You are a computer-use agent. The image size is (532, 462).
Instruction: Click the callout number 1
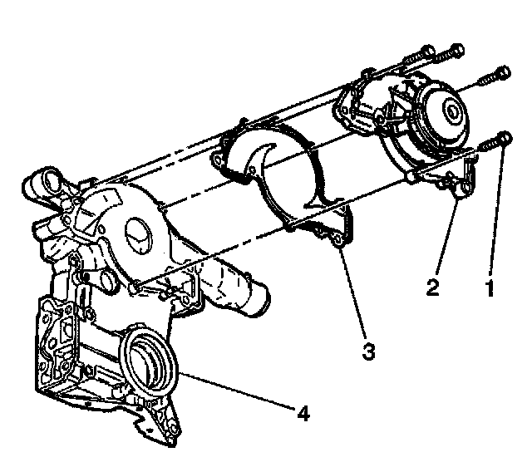[x=490, y=288]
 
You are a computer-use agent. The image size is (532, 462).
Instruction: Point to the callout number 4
[x=304, y=413]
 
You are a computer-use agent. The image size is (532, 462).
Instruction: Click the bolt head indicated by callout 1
[x=503, y=139]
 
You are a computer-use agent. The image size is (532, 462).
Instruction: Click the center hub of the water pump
[x=451, y=108]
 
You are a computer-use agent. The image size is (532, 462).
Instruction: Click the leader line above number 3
[x=353, y=291]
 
